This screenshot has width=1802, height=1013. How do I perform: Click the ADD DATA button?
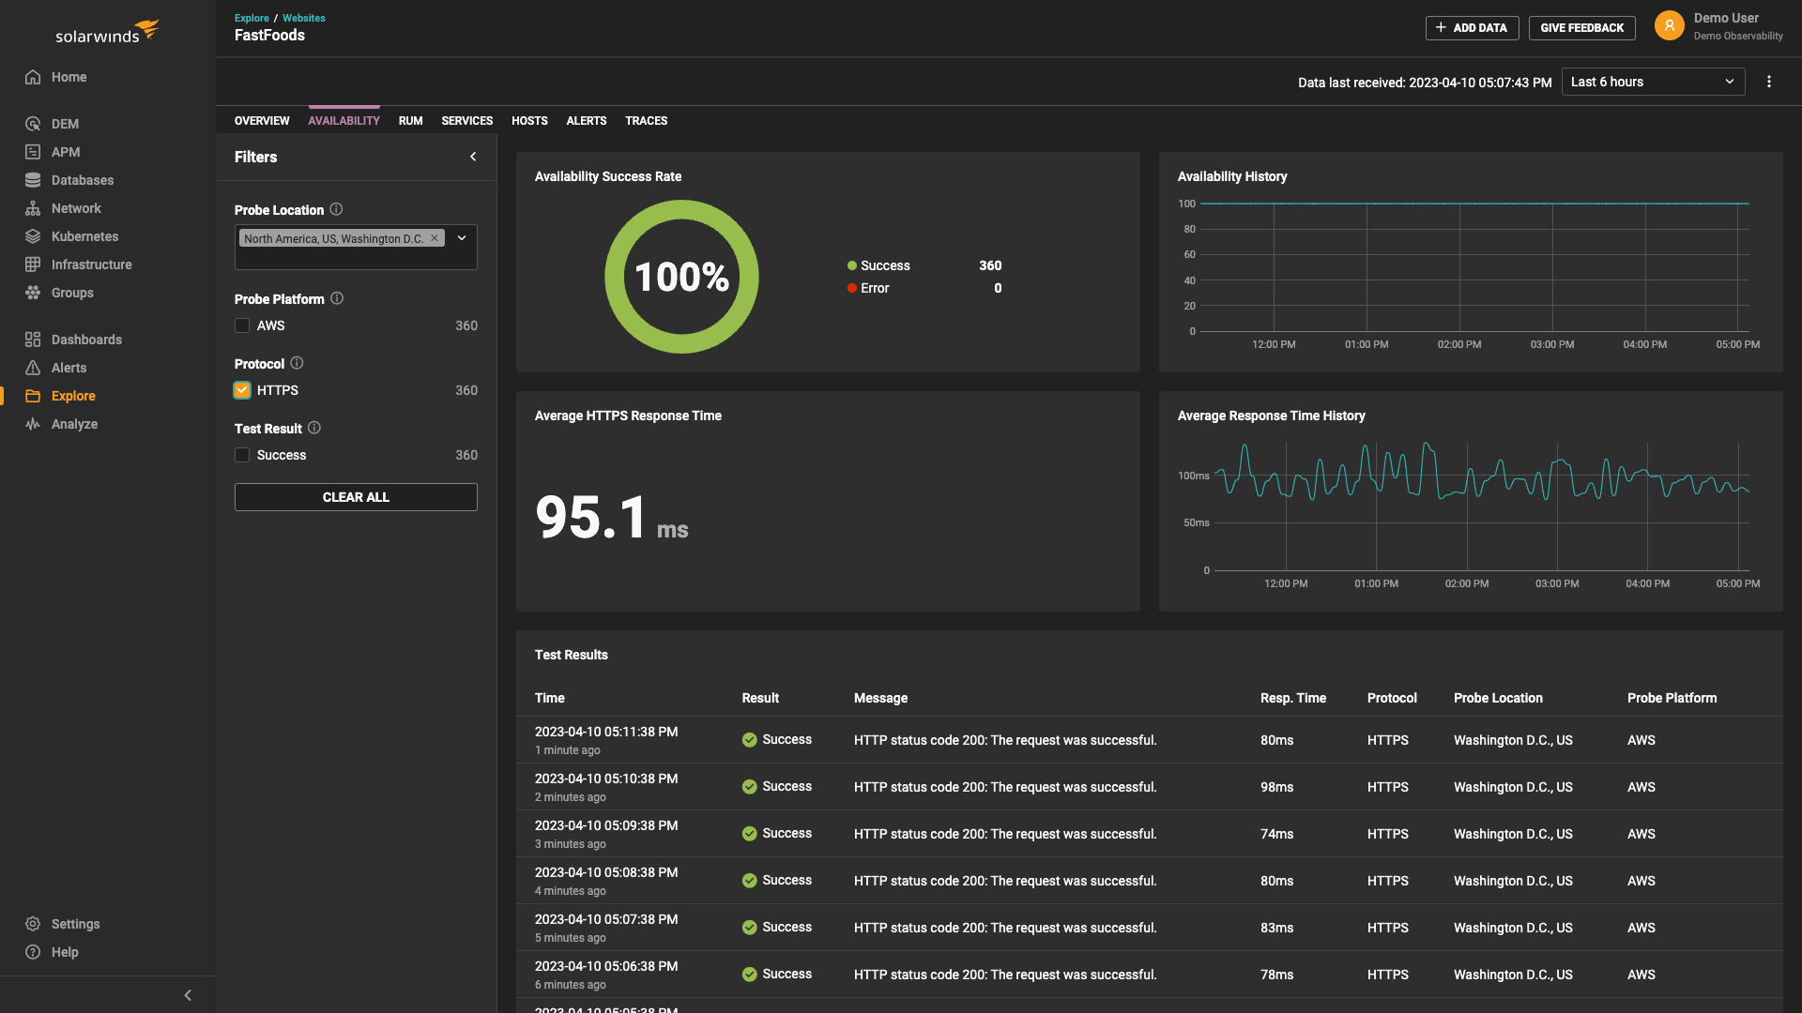tap(1472, 28)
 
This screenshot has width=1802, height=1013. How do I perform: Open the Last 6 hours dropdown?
tap(1653, 82)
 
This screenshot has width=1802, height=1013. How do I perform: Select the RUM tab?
tap(410, 121)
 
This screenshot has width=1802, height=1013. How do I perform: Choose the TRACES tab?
tap(646, 121)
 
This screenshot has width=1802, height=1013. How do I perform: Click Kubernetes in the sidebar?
tap(84, 236)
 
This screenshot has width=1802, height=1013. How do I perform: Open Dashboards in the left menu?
tap(86, 340)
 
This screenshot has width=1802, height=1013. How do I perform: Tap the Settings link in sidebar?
tap(75, 924)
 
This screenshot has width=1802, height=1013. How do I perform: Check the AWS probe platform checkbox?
tap(242, 325)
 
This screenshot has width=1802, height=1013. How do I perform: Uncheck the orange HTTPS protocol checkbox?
tap(242, 390)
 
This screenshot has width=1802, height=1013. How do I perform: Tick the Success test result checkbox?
tap(242, 455)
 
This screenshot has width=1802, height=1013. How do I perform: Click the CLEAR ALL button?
tap(356, 497)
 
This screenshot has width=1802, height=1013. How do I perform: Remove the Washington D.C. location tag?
tap(435, 238)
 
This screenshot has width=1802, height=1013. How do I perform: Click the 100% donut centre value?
tap(681, 277)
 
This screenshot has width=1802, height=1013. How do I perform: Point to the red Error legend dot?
tap(852, 288)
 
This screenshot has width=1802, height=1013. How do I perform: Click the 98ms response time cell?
tap(1276, 787)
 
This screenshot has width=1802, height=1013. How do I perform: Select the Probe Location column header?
tap(1498, 698)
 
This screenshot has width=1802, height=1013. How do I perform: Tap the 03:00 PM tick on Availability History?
tap(1552, 344)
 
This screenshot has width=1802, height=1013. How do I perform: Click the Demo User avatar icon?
tap(1669, 25)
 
